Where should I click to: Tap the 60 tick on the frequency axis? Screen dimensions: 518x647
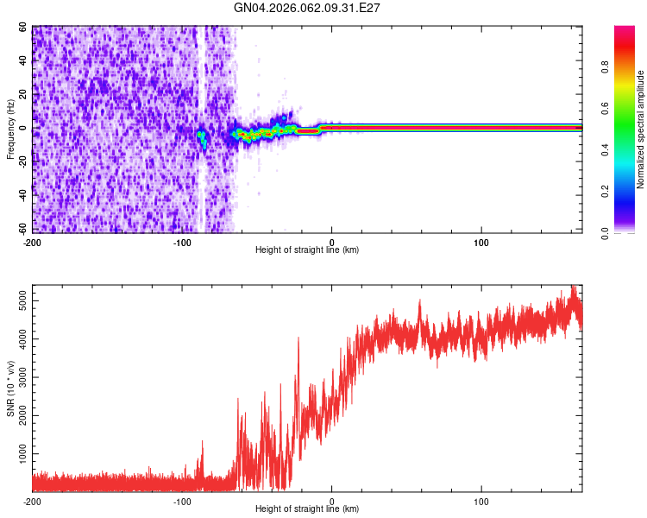(x=23, y=28)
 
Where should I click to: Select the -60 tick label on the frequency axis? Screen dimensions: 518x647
(x=21, y=231)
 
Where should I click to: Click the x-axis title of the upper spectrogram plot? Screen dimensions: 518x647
(x=307, y=250)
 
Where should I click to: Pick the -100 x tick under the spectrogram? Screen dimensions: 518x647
(x=182, y=240)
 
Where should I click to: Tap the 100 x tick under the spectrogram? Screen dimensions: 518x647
(x=481, y=240)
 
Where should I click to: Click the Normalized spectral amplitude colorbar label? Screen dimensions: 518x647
(x=641, y=129)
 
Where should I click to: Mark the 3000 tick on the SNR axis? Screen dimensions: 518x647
(x=19, y=376)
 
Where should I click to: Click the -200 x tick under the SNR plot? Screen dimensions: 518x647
(x=32, y=500)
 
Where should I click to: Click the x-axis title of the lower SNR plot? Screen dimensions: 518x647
(x=307, y=509)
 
